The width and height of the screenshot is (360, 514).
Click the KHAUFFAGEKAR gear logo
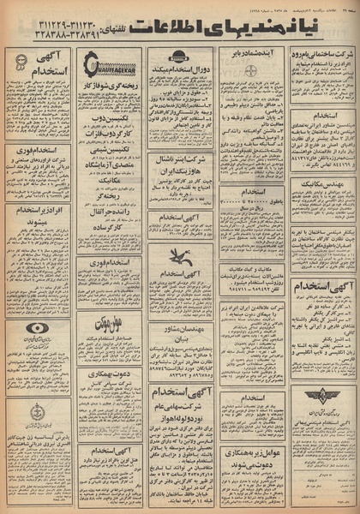pyautogui.click(x=110, y=63)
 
